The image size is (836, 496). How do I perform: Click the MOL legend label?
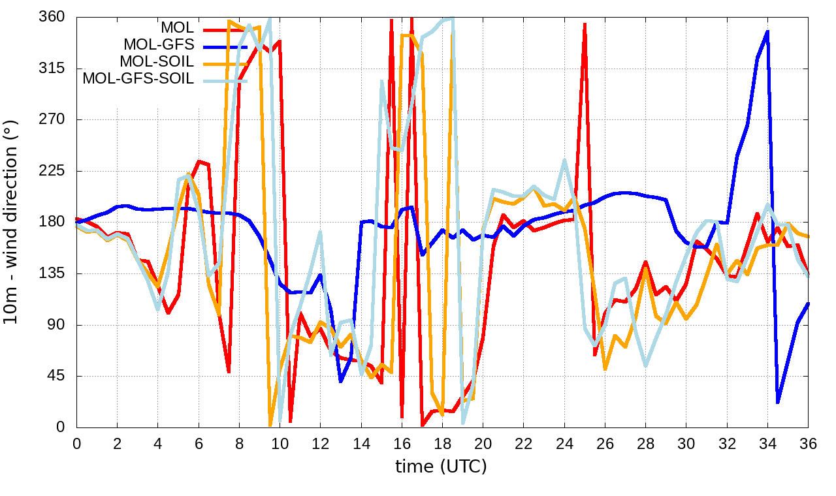[177, 28]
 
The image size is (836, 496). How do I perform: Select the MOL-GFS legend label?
[159, 45]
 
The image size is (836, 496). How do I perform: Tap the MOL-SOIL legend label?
[157, 62]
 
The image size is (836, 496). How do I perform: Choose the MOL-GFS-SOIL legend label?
[138, 79]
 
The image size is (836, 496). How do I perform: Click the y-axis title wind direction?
[11, 221]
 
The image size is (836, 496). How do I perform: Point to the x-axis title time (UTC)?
[441, 467]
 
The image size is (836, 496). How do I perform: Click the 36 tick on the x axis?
[808, 443]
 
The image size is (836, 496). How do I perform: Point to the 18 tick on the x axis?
[442, 443]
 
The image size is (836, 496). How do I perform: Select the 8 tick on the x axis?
[239, 443]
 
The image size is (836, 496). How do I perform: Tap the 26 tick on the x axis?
[605, 443]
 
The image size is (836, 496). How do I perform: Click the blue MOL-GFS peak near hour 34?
[767, 31]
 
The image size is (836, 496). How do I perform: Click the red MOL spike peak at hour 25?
[585, 24]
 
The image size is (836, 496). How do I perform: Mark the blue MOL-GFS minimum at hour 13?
[341, 381]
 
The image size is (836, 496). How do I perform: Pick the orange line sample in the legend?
[225, 62]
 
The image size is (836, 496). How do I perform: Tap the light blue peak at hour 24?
[564, 160]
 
